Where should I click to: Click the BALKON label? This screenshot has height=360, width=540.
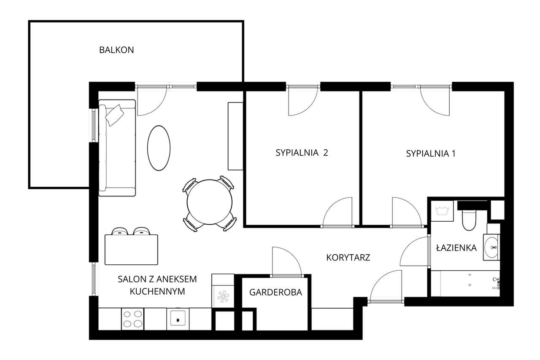click(116, 50)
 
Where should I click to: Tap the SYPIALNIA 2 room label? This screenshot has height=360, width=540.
click(302, 153)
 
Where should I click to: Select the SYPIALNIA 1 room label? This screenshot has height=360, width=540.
click(431, 153)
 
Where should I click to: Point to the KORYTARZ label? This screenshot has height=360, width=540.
click(348, 257)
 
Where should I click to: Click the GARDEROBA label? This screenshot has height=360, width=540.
click(275, 292)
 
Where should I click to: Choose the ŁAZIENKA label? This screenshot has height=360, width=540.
click(456, 248)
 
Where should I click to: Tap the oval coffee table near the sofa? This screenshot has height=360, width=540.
click(159, 148)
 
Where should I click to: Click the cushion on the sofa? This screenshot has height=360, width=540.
click(115, 115)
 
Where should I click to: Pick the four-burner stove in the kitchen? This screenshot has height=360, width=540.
click(132, 319)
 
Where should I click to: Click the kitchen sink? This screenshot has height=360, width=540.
click(178, 319)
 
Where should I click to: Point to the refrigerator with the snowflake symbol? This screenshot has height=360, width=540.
click(222, 296)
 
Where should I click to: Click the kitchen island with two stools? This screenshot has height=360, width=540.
click(131, 249)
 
